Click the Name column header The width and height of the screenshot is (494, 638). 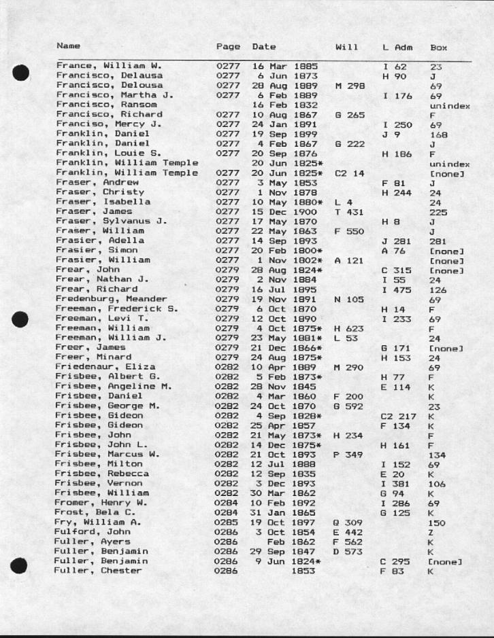tap(68, 46)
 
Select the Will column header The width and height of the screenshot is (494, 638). tap(346, 47)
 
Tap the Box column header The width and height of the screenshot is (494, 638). tap(438, 48)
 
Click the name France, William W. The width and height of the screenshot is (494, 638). tap(108, 66)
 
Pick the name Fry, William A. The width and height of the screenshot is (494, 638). tap(98, 522)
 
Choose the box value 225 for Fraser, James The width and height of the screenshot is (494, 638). tap(438, 212)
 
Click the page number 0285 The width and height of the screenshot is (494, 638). tap(228, 522)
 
